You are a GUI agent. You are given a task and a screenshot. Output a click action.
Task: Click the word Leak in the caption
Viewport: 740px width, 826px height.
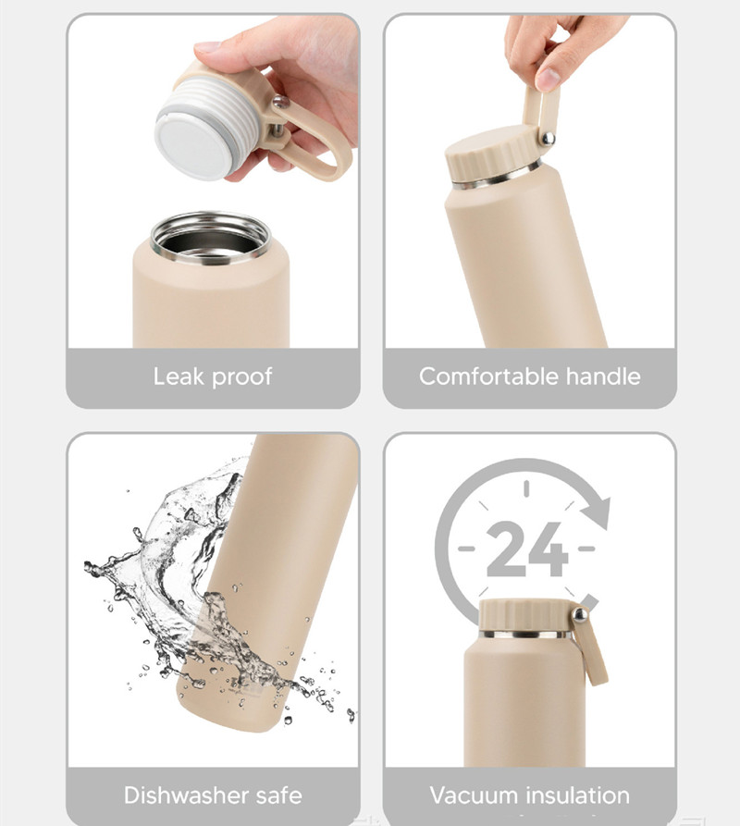click(178, 376)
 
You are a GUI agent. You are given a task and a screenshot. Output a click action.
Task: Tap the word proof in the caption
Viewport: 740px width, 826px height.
click(242, 377)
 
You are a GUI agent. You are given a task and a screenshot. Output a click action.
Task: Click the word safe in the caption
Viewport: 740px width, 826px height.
click(279, 795)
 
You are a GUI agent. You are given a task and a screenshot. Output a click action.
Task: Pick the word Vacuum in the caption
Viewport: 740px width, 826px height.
click(474, 795)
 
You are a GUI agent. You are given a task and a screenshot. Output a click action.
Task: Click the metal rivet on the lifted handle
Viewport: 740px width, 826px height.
click(548, 139)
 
